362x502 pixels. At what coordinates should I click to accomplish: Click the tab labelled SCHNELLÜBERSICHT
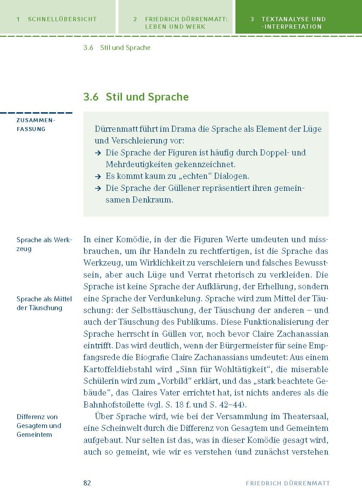57,19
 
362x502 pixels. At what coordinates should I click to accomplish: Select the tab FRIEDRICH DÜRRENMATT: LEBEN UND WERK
175,23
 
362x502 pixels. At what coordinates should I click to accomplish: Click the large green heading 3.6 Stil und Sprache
136,97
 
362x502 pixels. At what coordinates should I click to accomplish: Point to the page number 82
87,483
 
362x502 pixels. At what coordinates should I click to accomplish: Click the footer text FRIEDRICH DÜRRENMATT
288,483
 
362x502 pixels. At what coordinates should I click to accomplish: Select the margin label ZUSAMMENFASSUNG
36,125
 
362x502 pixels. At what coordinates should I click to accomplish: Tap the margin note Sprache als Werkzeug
44,244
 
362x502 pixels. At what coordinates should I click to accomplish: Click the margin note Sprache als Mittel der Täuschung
44,303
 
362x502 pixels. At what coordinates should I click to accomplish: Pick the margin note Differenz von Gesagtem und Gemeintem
39,426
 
